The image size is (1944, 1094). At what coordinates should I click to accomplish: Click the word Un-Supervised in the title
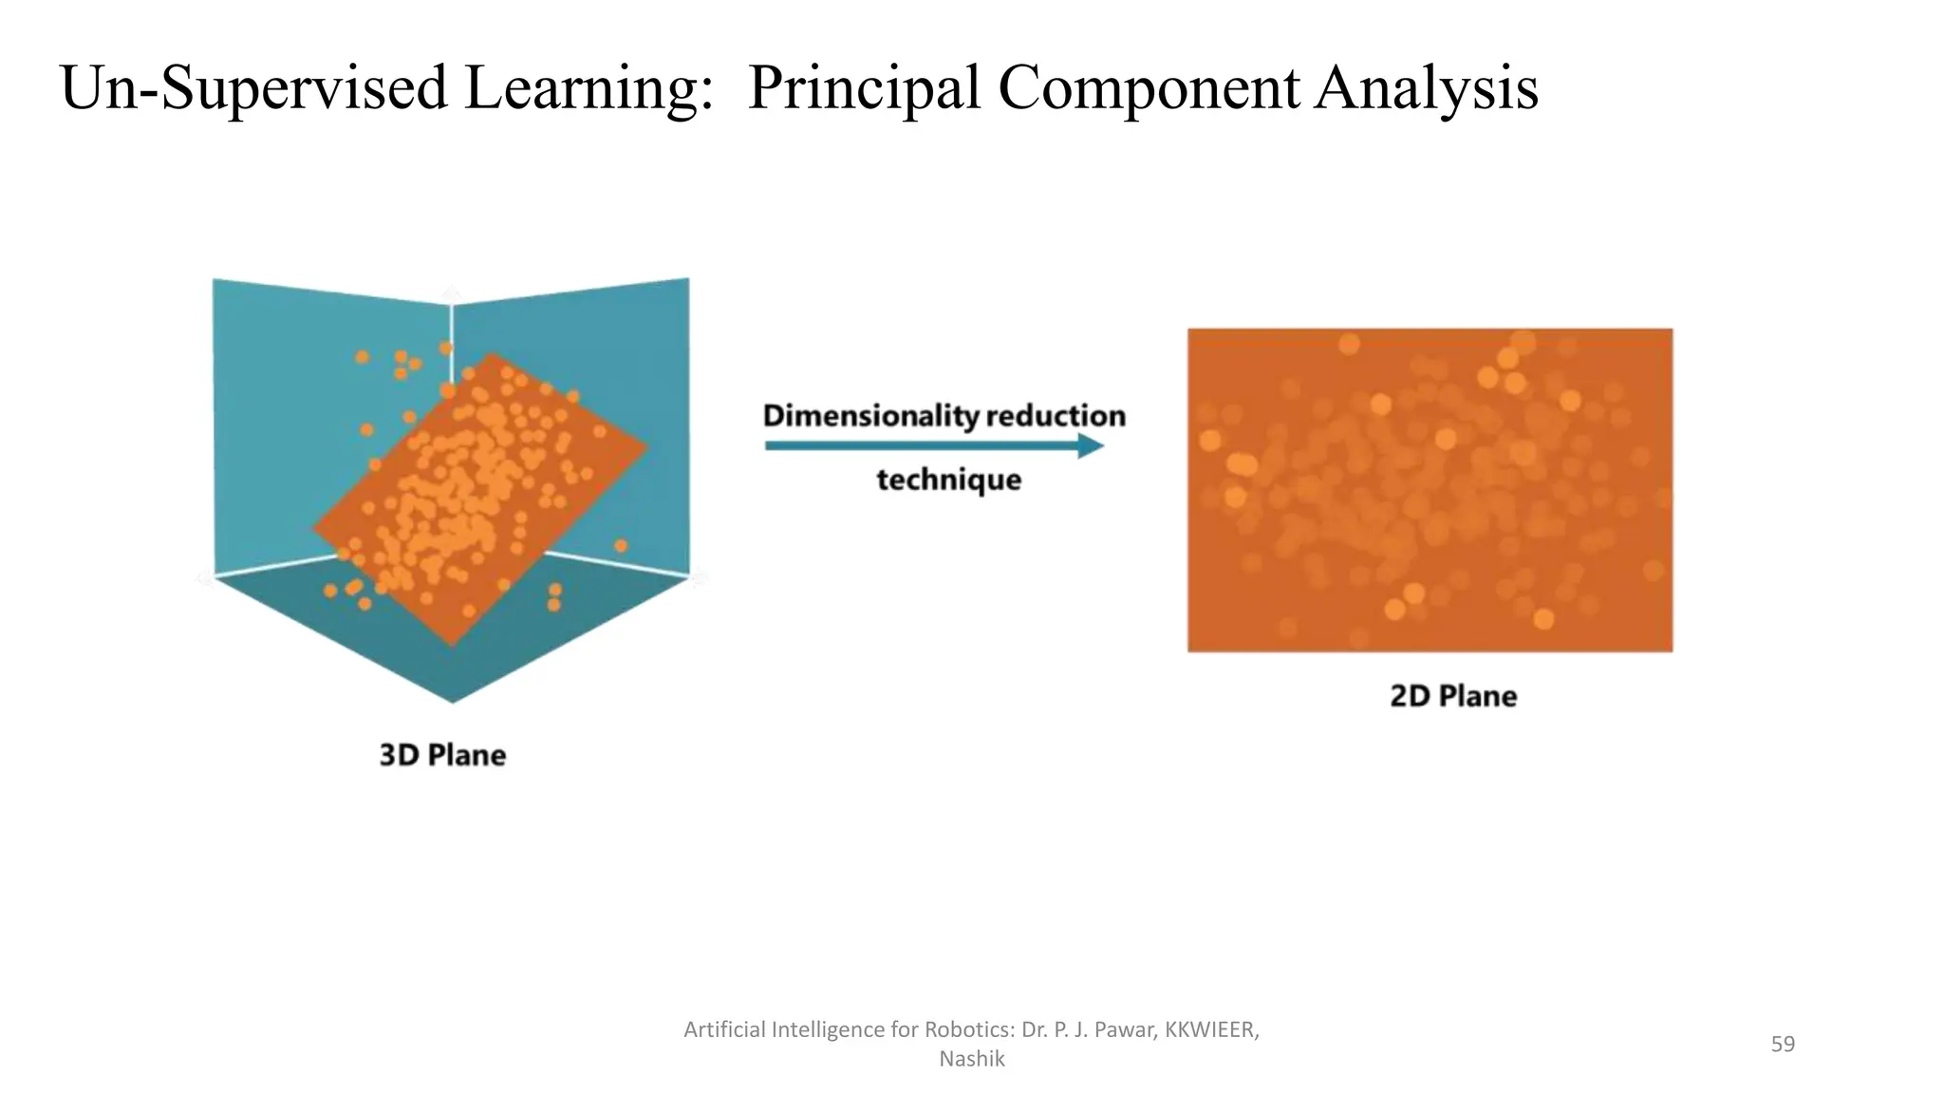(252, 87)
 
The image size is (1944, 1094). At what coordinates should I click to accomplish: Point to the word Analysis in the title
(1426, 87)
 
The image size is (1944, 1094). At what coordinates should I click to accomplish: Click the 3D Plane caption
(442, 755)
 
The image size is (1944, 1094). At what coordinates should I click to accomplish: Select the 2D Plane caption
(1453, 696)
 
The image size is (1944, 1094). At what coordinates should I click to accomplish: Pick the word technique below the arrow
(948, 480)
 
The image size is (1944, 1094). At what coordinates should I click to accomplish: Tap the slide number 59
(1783, 1044)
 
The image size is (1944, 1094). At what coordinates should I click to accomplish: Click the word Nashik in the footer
(971, 1059)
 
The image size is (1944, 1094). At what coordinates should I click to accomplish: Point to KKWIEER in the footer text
(1209, 1029)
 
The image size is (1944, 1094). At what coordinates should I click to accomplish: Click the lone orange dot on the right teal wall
(621, 545)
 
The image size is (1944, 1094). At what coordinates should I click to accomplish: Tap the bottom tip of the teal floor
(452, 699)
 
